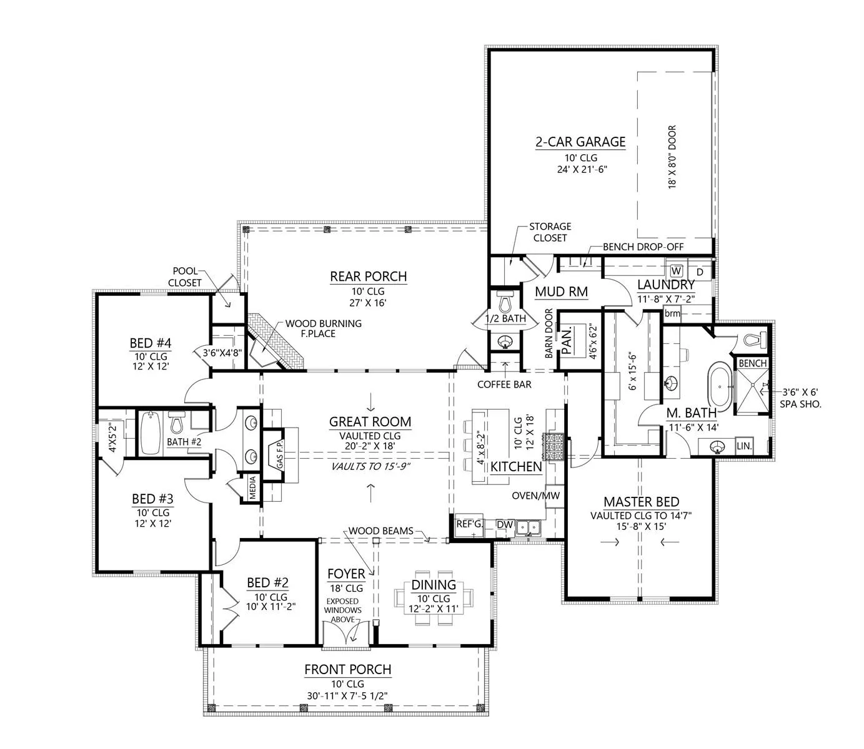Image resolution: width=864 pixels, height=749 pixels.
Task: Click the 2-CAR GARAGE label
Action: pyautogui.click(x=580, y=142)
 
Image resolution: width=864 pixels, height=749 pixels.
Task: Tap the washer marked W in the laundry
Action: pyautogui.click(x=676, y=271)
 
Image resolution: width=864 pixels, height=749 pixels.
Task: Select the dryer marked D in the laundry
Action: pyautogui.click(x=699, y=272)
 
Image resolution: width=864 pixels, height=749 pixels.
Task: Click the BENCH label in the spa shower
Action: pyautogui.click(x=753, y=363)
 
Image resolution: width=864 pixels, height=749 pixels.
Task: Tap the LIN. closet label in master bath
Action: pyautogui.click(x=744, y=446)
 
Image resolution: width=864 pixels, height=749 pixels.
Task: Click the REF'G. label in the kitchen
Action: pyautogui.click(x=469, y=524)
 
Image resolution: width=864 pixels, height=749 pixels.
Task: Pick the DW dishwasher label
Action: pyautogui.click(x=505, y=525)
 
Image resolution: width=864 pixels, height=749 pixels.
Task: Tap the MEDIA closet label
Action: pyautogui.click(x=252, y=487)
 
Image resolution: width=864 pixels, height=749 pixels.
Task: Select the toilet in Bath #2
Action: pyautogui.click(x=177, y=422)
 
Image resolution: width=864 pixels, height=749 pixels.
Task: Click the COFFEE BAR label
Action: pyautogui.click(x=504, y=384)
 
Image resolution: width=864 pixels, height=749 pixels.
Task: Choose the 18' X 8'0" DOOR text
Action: pyautogui.click(x=672, y=157)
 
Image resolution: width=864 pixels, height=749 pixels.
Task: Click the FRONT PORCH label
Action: pyautogui.click(x=348, y=669)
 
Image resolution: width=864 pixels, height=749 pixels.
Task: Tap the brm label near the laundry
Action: pyautogui.click(x=672, y=313)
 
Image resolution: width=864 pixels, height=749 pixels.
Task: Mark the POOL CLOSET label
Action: pyautogui.click(x=185, y=277)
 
